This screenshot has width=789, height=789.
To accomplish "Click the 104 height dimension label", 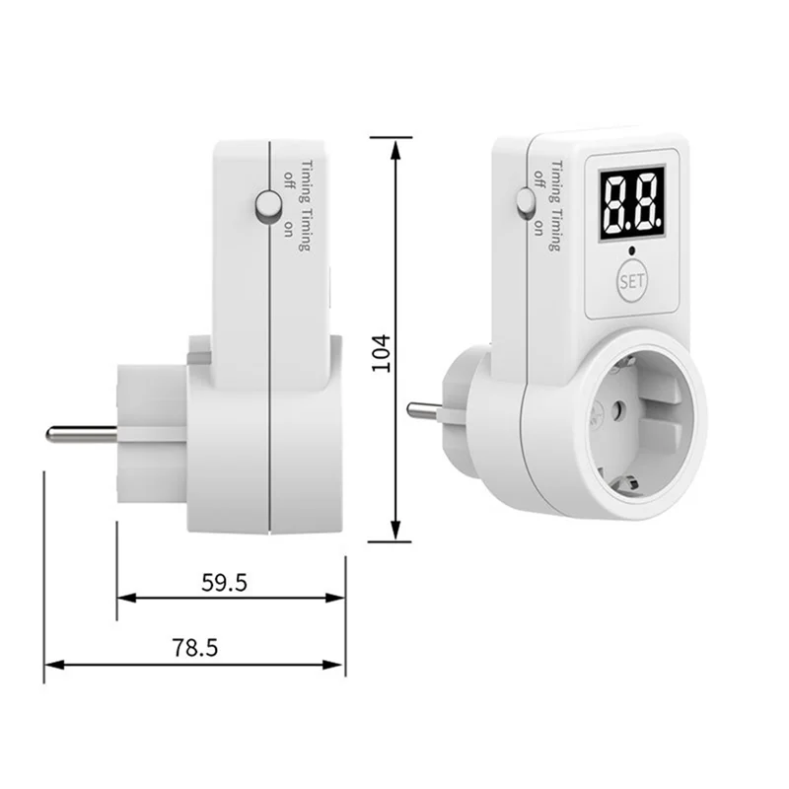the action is pos(381,353).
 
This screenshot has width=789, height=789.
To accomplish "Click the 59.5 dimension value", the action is pos(225,583).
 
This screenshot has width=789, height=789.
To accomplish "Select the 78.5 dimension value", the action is pos(195,648).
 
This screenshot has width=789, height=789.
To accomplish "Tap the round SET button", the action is pos(632,281).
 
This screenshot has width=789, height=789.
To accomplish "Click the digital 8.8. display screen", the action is pos(631,203).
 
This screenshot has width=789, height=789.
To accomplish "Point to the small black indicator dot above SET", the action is pos(632,251).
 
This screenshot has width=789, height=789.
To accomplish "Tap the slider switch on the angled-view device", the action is pos(525,203).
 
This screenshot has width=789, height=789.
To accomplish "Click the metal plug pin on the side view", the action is pos(82,434).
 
